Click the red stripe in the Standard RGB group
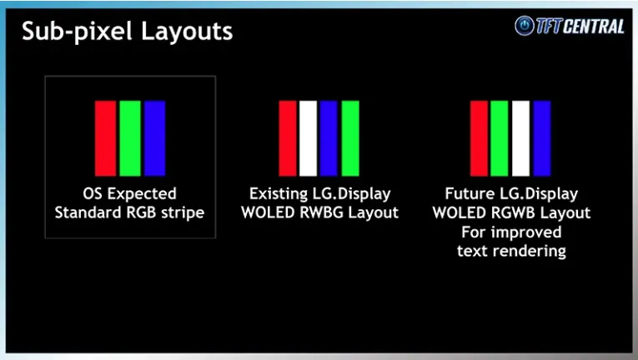pyautogui.click(x=105, y=138)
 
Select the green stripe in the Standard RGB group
pyautogui.click(x=130, y=138)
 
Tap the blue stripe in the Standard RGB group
pyautogui.click(x=154, y=138)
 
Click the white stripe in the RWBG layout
pyautogui.click(x=308, y=138)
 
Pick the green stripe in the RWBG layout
pyautogui.click(x=350, y=138)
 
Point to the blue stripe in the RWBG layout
pyautogui.click(x=329, y=138)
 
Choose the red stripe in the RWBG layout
pyautogui.click(x=288, y=138)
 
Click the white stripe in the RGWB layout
pyautogui.click(x=520, y=138)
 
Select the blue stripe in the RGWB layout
pyautogui.click(x=542, y=138)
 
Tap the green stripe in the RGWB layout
pyautogui.click(x=500, y=138)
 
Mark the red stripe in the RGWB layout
pyautogui.click(x=479, y=138)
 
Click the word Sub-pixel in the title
pyautogui.click(x=78, y=32)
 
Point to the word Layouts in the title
pyautogui.click(x=187, y=31)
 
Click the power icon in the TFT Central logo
pyautogui.click(x=524, y=26)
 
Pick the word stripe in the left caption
pyautogui.click(x=183, y=212)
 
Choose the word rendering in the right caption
pyautogui.click(x=532, y=251)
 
